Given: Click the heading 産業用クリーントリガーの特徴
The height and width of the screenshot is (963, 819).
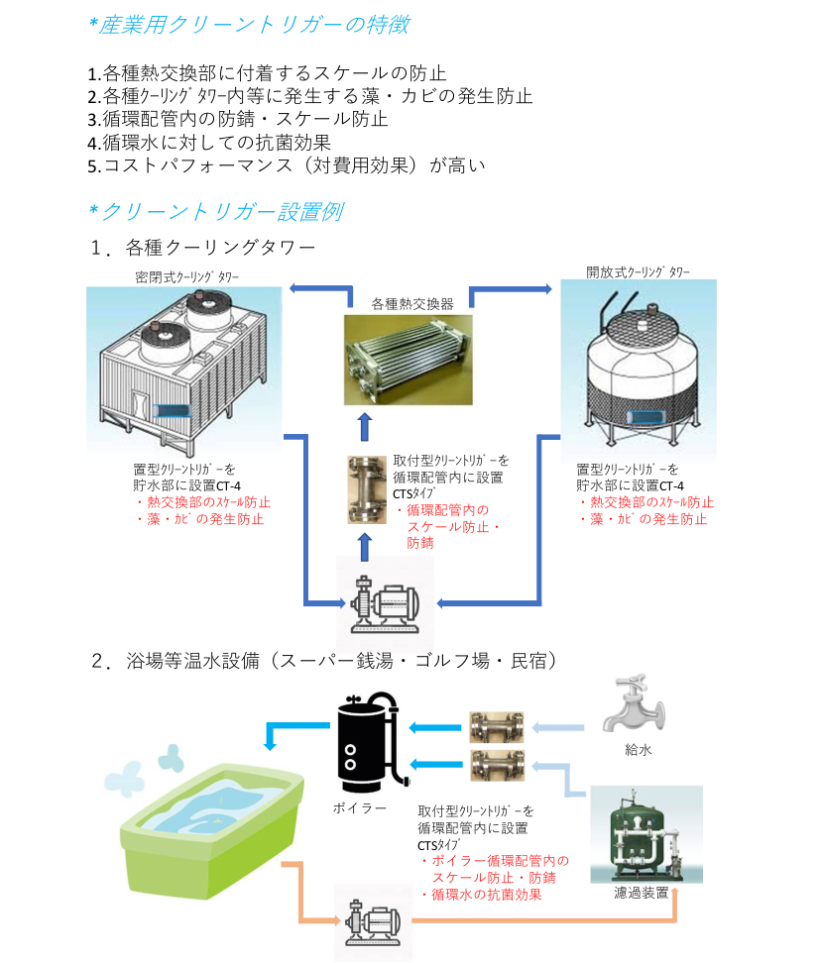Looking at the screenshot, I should point(248,25).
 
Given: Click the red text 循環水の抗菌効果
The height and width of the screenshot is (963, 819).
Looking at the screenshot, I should point(486,894).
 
